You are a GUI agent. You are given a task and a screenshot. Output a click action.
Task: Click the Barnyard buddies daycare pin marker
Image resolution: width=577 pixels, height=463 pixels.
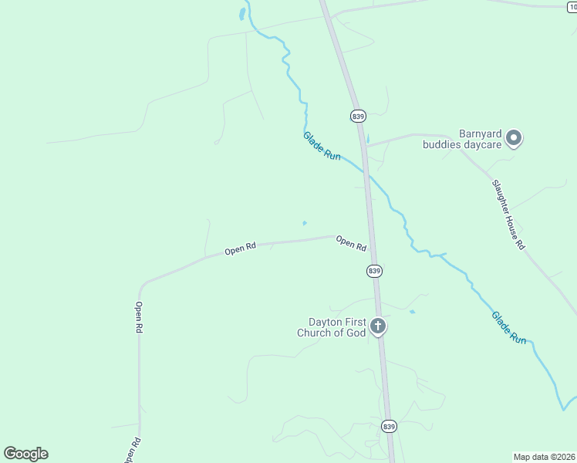(514, 139)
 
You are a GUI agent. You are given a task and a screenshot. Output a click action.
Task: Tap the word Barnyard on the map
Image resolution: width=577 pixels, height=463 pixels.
(481, 133)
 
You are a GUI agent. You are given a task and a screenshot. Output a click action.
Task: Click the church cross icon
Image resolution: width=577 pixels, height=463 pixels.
(378, 326)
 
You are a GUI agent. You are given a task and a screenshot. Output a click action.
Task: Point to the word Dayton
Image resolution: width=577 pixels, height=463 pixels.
(325, 322)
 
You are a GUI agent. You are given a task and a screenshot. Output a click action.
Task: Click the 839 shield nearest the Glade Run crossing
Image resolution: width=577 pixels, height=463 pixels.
(357, 116)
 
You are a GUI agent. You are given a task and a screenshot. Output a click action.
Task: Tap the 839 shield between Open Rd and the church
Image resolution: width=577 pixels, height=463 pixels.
(374, 271)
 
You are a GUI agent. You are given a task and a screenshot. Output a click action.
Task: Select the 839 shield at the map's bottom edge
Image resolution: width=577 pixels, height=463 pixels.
(390, 426)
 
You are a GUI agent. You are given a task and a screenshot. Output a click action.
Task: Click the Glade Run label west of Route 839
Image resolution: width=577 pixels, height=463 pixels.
(322, 146)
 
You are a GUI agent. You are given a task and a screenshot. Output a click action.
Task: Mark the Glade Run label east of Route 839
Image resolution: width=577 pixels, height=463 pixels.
(509, 327)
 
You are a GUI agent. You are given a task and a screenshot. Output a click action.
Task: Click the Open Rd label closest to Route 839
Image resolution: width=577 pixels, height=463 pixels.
(351, 244)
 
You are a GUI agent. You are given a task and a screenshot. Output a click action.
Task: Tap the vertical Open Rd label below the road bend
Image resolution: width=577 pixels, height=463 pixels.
(139, 317)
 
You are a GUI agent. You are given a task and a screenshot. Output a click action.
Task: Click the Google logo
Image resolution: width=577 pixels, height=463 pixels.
(25, 454)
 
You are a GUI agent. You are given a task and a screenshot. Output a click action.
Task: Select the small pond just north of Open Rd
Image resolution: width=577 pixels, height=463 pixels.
(305, 224)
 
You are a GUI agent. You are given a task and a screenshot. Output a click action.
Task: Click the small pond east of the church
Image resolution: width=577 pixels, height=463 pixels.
(412, 312)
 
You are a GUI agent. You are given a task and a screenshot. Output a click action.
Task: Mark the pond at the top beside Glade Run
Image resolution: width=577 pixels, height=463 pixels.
(241, 15)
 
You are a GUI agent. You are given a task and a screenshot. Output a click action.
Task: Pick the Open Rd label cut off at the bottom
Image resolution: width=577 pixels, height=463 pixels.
(131, 451)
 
